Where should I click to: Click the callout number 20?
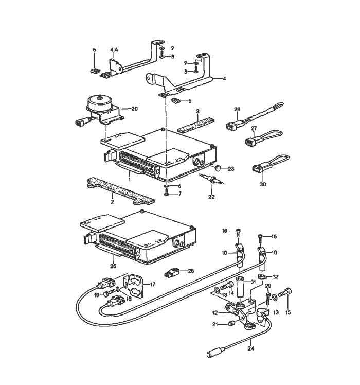click(x=135, y=109)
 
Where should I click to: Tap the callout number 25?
click(x=113, y=266)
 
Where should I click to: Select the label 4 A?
click(x=114, y=50)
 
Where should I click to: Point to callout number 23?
click(x=230, y=169)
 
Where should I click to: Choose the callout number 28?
click(x=237, y=110)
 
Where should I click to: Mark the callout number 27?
click(x=254, y=129)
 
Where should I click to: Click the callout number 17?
click(x=152, y=284)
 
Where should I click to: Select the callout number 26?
click(x=191, y=271)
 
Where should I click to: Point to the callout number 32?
click(x=276, y=276)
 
